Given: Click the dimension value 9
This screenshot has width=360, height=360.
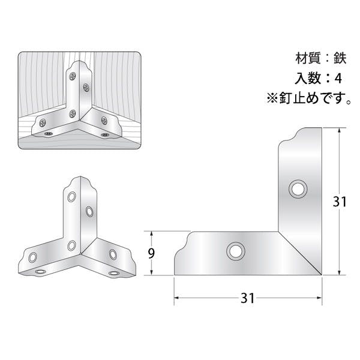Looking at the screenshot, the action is [x=151, y=253].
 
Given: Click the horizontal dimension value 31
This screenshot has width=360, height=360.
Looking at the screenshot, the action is [x=247, y=298].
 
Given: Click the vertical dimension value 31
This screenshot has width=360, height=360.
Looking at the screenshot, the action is [x=340, y=202].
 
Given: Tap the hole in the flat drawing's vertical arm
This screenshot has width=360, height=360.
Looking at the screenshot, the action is [x=298, y=190].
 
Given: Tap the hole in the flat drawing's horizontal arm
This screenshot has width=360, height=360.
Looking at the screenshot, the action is [x=236, y=251].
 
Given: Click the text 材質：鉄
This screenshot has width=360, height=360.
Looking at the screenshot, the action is [x=321, y=58].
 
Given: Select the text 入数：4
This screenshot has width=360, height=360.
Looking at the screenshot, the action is [x=319, y=78].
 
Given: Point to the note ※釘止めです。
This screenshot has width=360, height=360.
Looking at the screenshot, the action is [x=309, y=98].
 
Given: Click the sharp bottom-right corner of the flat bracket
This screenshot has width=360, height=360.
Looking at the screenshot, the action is [x=322, y=275].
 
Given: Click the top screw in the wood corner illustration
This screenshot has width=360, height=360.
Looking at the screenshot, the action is [x=73, y=76].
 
